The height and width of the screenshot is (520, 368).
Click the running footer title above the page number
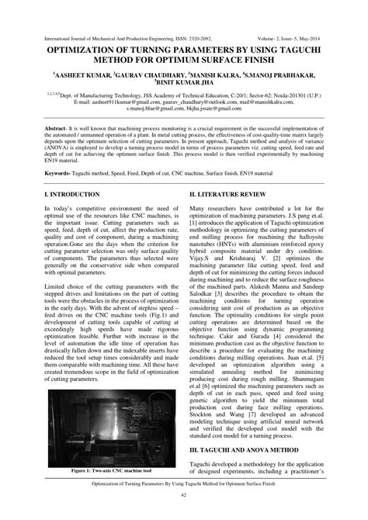coord(184,482)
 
